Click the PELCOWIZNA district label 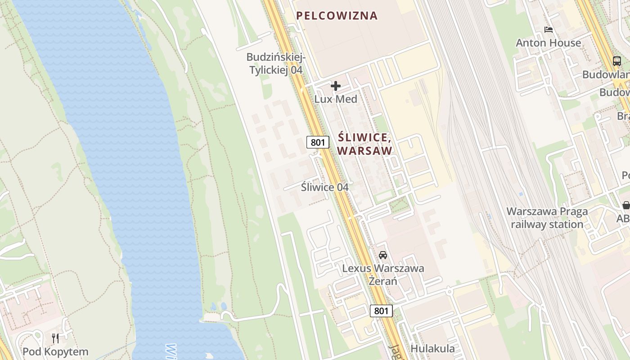[x=337, y=16]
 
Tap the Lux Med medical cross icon [x=335, y=86]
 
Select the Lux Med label [x=335, y=99]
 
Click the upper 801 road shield [x=318, y=142]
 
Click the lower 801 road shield [x=381, y=310]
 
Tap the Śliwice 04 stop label [x=324, y=187]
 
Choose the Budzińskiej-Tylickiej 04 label [x=276, y=64]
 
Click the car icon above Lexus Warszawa [x=383, y=255]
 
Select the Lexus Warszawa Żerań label [x=383, y=274]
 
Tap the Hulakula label [x=432, y=349]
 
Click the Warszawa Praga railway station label [x=547, y=218]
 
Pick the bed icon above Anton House [x=548, y=30]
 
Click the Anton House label [x=548, y=43]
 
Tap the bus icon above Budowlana [x=616, y=61]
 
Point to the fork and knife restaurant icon [x=55, y=338]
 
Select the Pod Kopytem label [x=55, y=351]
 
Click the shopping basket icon [x=626, y=205]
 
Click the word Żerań [x=383, y=281]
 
